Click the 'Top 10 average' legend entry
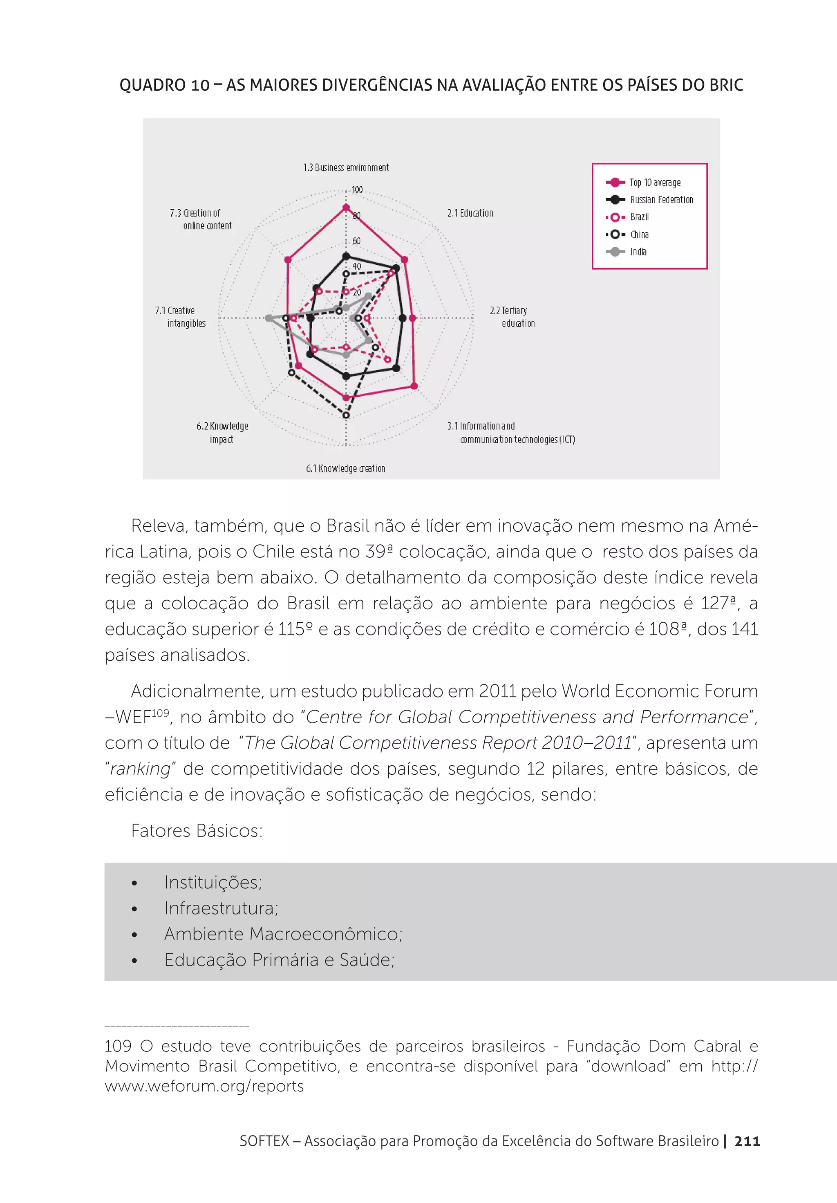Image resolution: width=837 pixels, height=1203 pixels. pyautogui.click(x=655, y=182)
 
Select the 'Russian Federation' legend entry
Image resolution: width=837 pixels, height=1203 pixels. pyautogui.click(x=661, y=200)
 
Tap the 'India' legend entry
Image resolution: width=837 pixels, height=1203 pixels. pyautogui.click(x=638, y=252)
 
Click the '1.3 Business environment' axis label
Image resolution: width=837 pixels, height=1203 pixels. pyautogui.click(x=346, y=168)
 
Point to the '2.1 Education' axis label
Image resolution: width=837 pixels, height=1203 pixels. pyautogui.click(x=470, y=213)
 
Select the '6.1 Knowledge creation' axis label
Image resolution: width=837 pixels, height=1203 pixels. pyautogui.click(x=346, y=468)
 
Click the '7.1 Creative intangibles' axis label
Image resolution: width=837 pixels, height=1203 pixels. pyautogui.click(x=181, y=317)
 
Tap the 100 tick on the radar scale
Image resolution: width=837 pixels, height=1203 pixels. pyautogui.click(x=357, y=190)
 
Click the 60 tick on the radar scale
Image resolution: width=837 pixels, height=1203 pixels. pyautogui.click(x=356, y=241)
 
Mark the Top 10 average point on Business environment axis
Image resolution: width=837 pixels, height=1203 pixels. pyautogui.click(x=346, y=208)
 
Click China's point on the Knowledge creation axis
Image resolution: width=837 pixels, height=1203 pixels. pyautogui.click(x=346, y=416)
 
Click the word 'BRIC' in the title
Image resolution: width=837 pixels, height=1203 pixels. pyautogui.click(x=726, y=85)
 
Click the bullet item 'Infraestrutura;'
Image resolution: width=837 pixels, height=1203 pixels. pyautogui.click(x=221, y=908)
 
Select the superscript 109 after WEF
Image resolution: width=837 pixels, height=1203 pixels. pyautogui.click(x=160, y=713)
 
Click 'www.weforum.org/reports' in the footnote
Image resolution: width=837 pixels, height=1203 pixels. pyautogui.click(x=204, y=1086)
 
